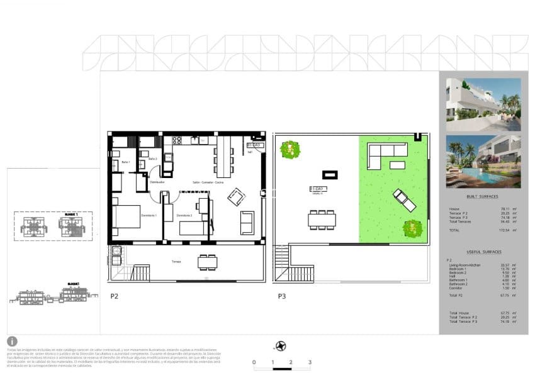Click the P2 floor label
tap(114, 295)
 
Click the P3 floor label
tap(283, 295)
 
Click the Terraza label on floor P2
tap(177, 260)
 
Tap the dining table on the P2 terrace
tap(207, 262)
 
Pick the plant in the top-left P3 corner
tap(290, 150)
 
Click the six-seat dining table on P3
tap(322, 220)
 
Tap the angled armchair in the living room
tap(237, 197)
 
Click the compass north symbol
tap(281, 345)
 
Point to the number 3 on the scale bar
tap(310, 362)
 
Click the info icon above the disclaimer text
tap(13, 341)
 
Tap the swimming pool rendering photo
tap(483, 162)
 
